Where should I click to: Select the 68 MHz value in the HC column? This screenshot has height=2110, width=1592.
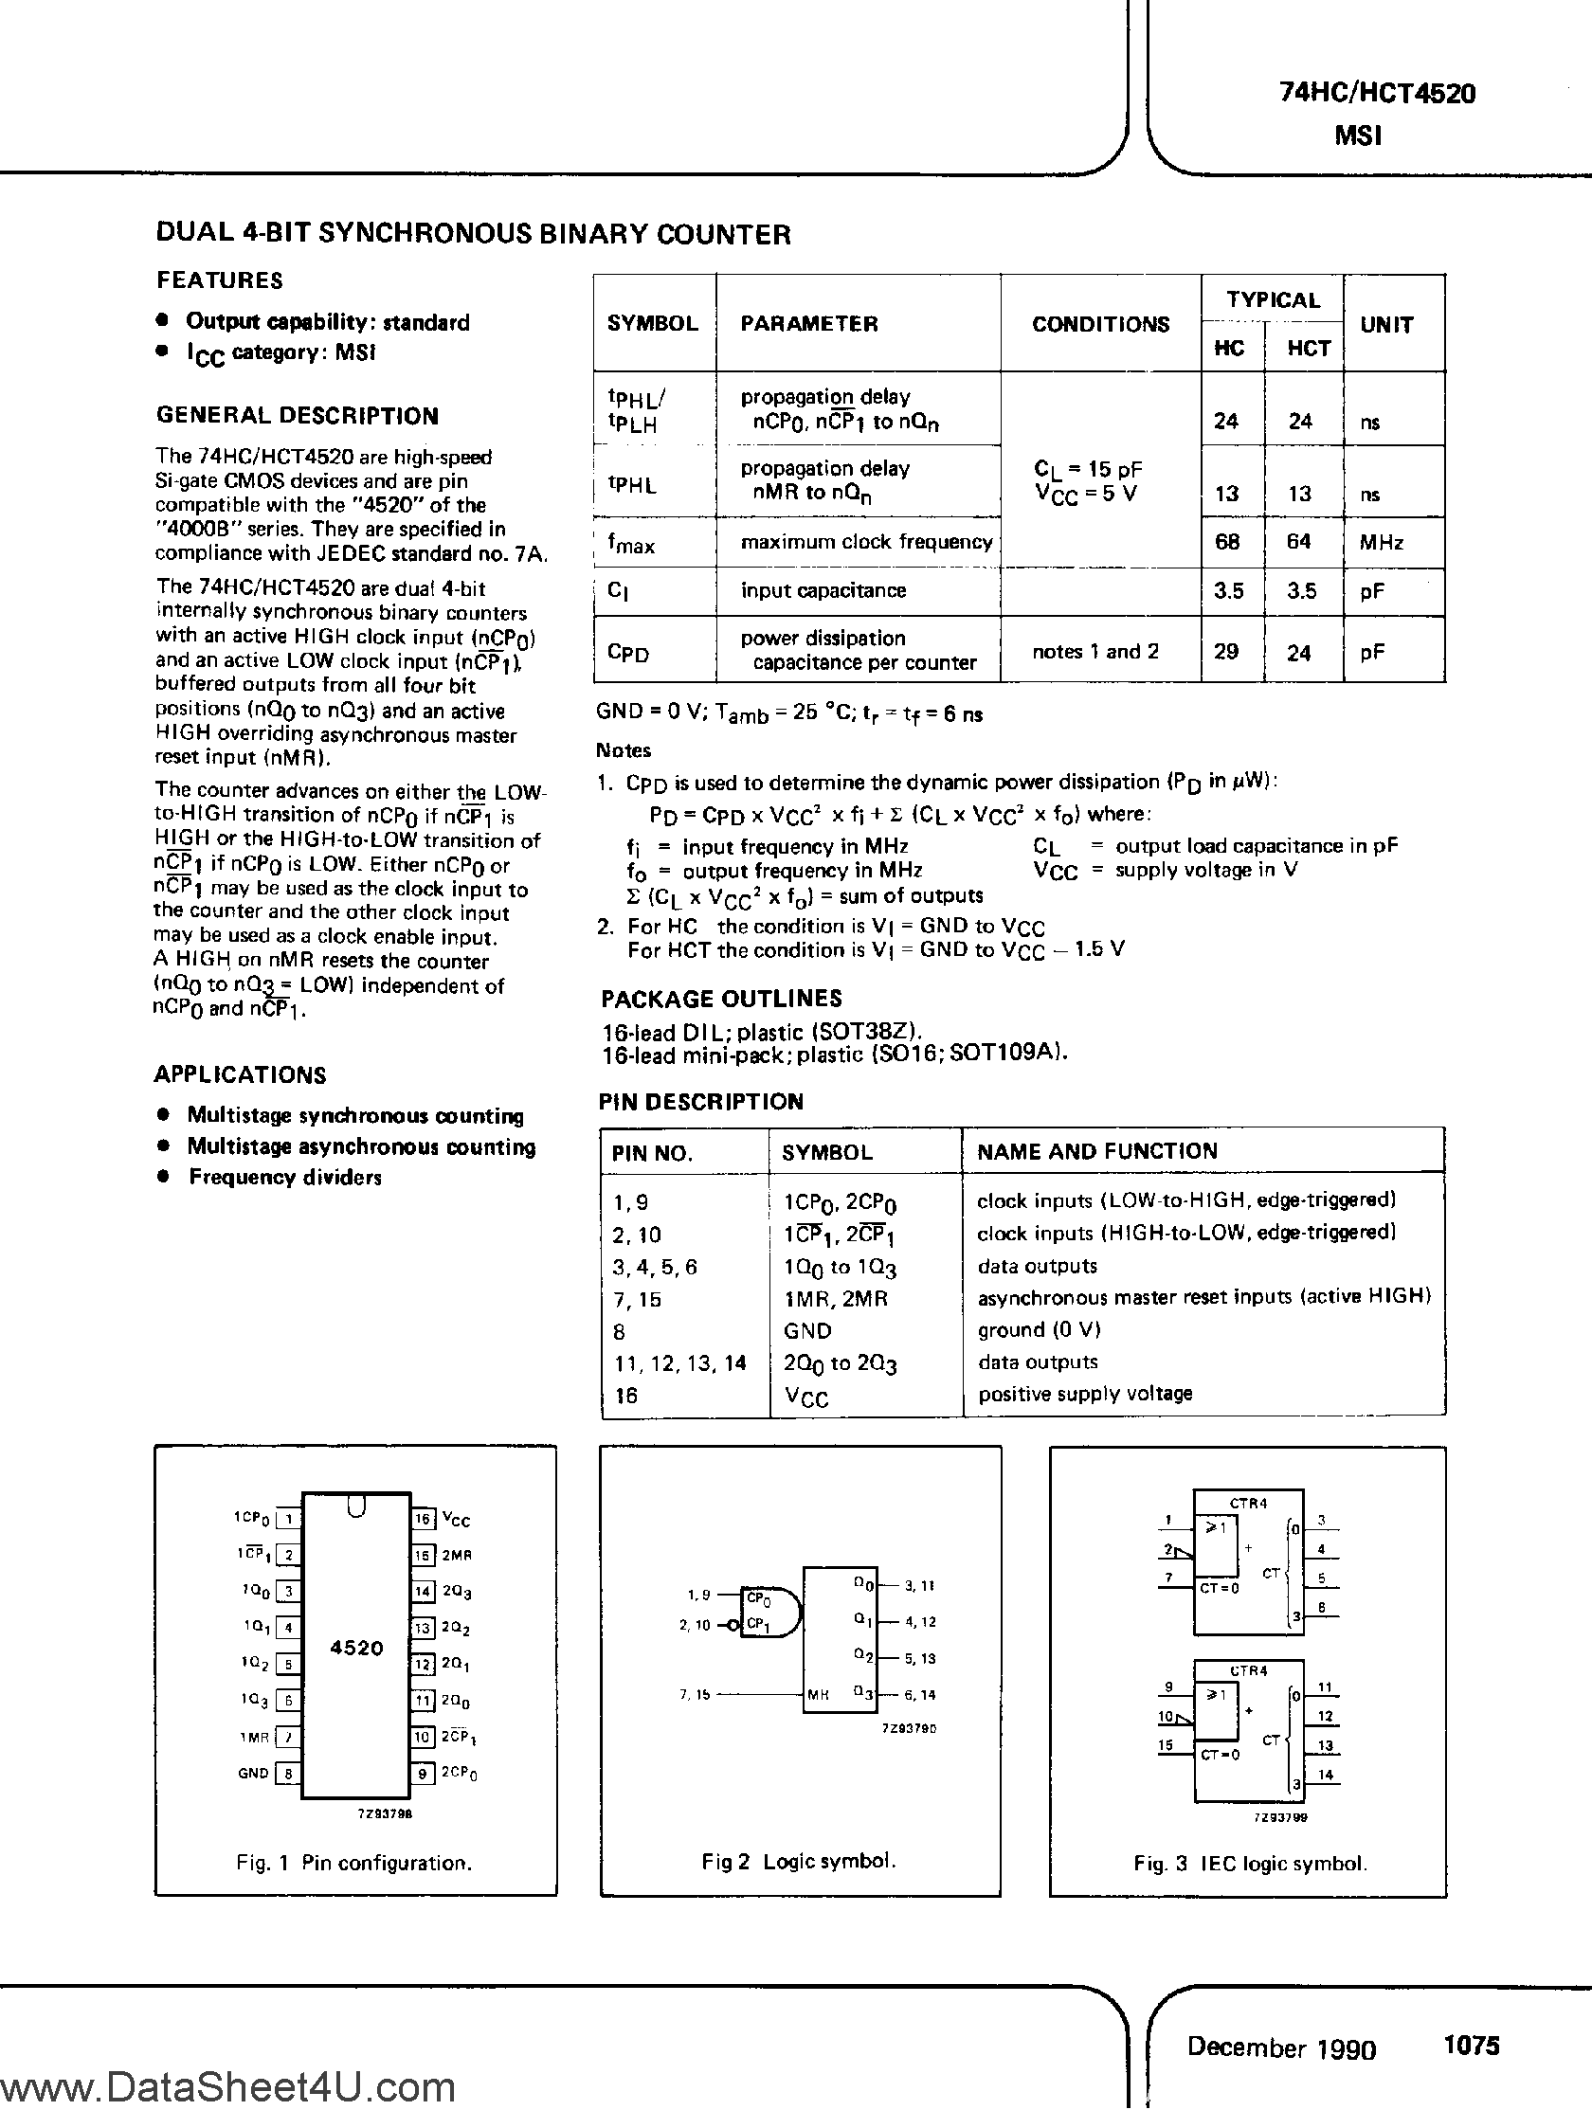tap(1226, 542)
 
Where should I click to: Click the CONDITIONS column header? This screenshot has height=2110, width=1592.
tap(1100, 324)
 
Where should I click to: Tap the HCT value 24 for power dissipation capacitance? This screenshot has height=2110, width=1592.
tap(1298, 654)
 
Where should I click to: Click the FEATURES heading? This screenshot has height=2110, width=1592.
tap(220, 280)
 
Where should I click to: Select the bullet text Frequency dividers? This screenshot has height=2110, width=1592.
tap(284, 1177)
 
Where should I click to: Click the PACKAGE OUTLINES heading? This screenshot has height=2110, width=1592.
tap(721, 999)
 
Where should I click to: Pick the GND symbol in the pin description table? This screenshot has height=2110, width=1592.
tap(807, 1330)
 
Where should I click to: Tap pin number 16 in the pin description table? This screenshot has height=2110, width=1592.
tap(625, 1396)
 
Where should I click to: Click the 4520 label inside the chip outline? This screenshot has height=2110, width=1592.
tap(355, 1648)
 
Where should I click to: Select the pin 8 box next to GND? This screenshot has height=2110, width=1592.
tap(288, 1775)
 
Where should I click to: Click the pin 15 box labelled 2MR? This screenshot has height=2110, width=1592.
tap(424, 1555)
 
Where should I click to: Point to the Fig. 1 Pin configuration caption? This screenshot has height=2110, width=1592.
tap(353, 1863)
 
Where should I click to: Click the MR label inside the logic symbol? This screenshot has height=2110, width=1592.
tap(818, 1695)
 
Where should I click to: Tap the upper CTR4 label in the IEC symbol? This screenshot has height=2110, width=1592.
tap(1248, 1504)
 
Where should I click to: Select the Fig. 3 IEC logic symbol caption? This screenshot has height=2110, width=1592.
tap(1250, 1863)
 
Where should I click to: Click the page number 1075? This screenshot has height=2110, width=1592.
tap(1472, 2046)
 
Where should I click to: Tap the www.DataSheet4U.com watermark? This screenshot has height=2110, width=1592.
tap(228, 2089)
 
